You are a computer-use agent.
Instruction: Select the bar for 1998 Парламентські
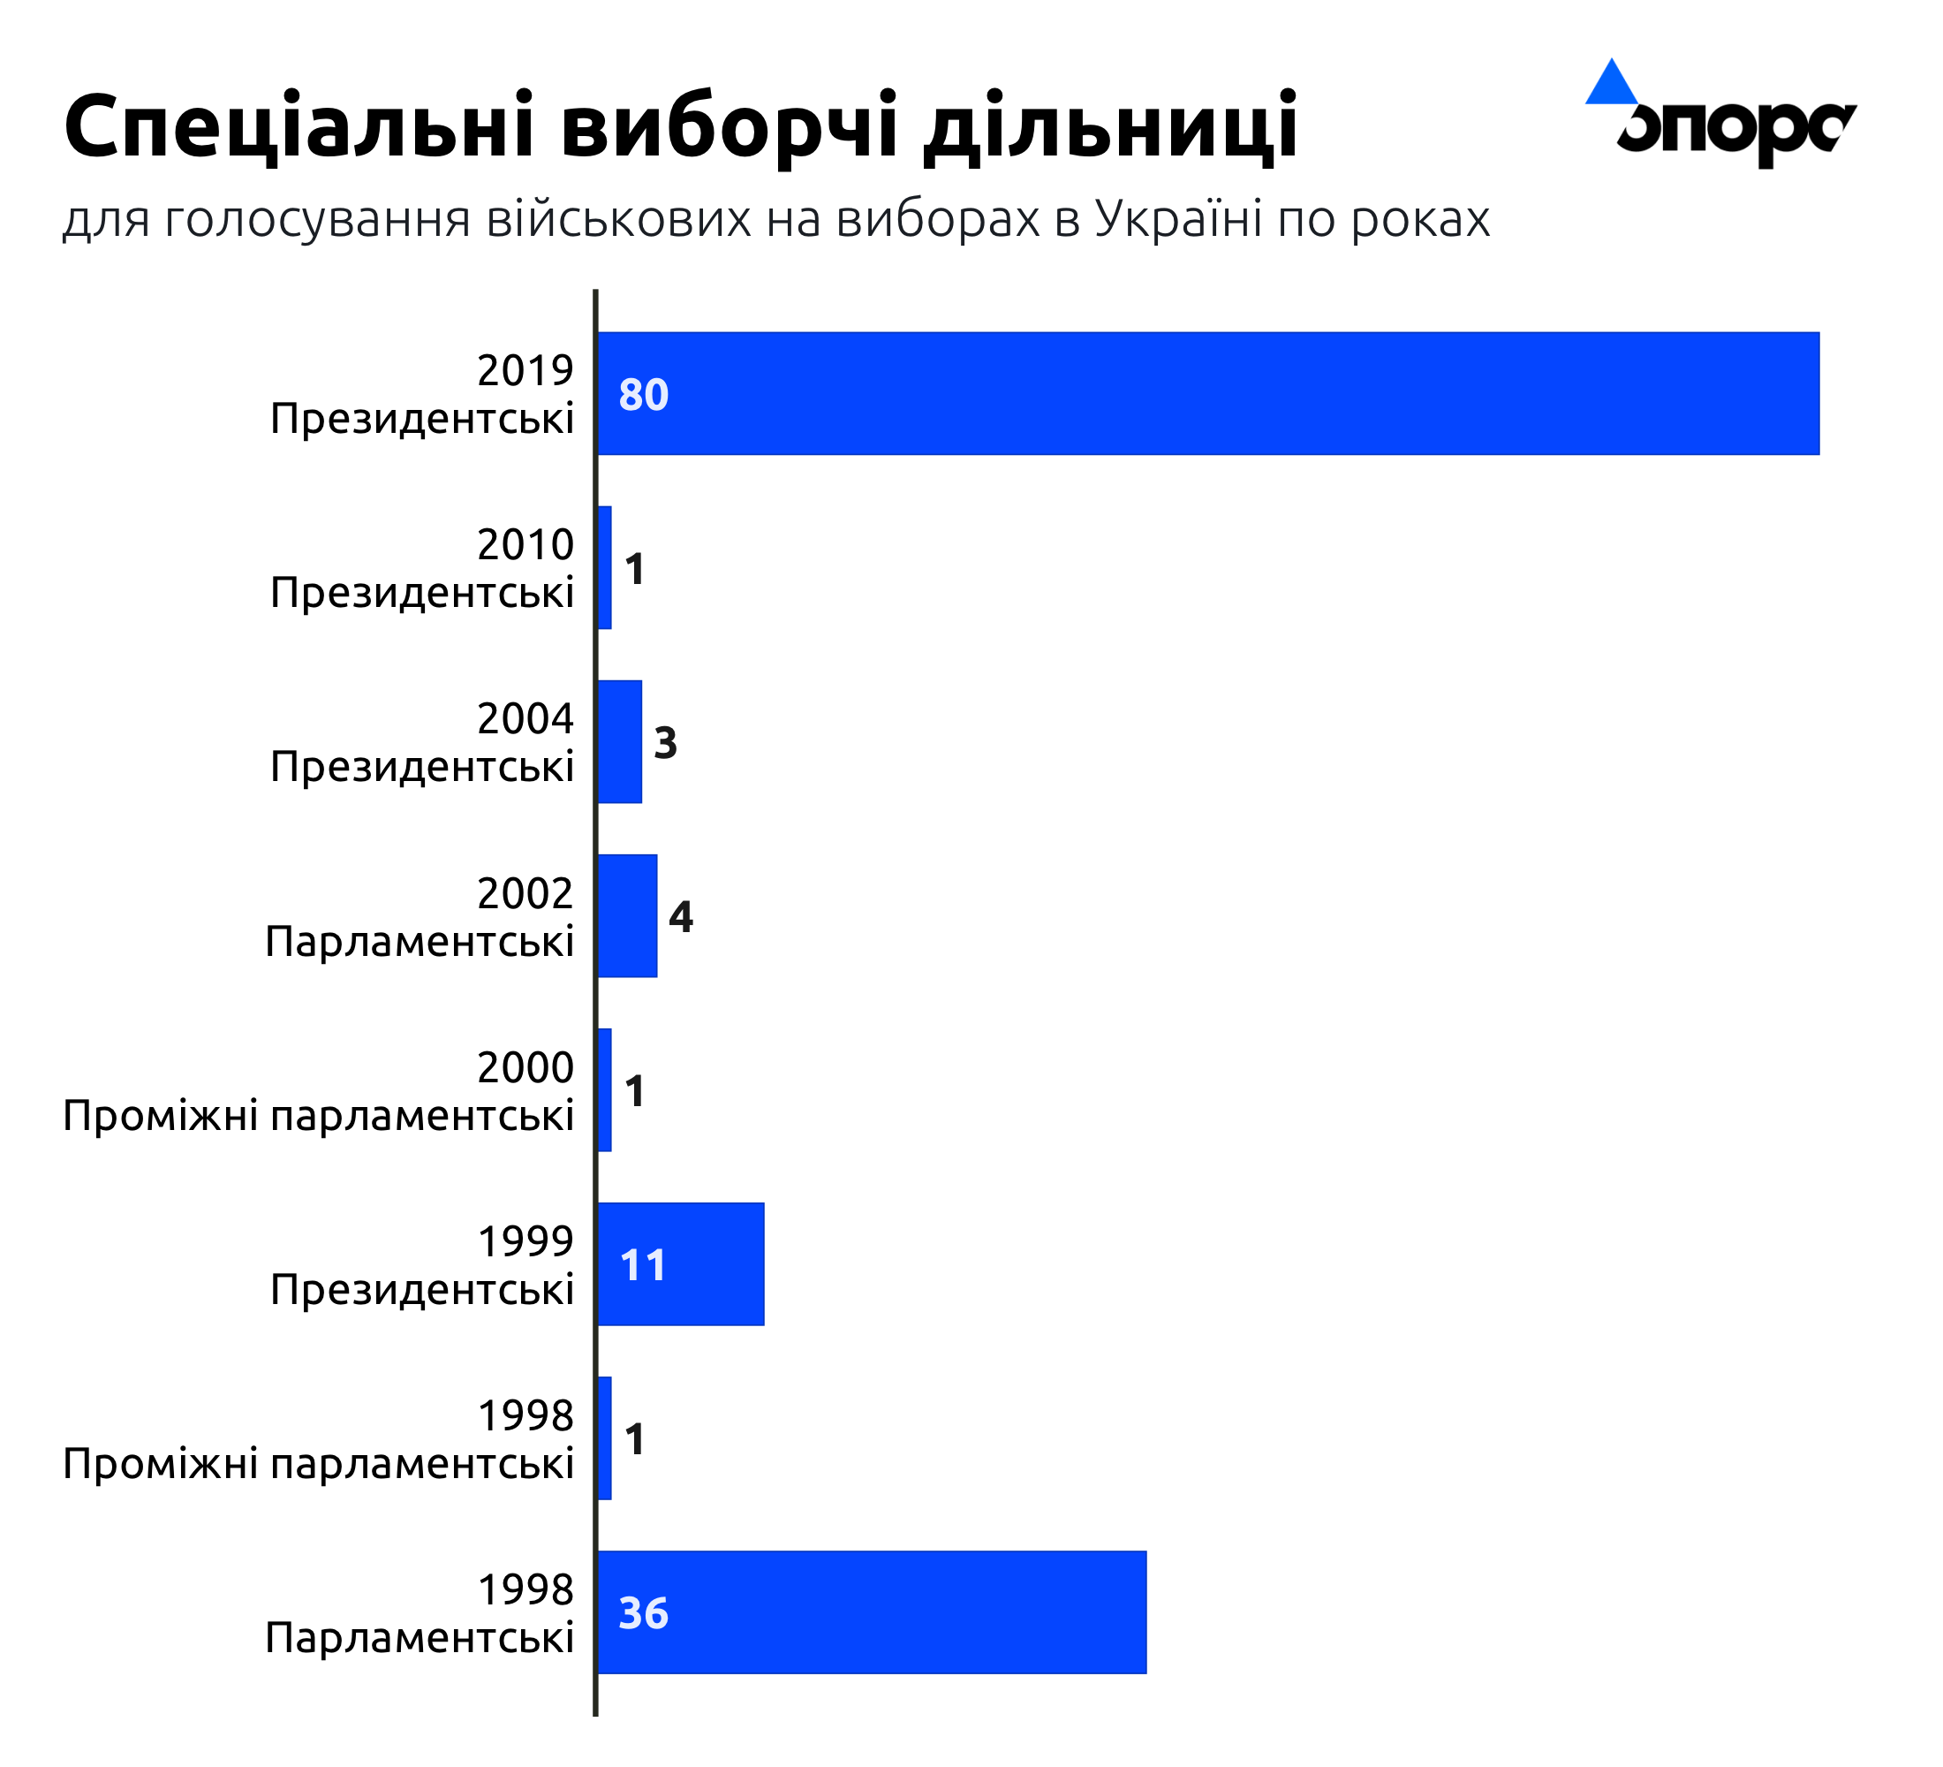tap(873, 1612)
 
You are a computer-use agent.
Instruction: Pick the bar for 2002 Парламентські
tap(627, 916)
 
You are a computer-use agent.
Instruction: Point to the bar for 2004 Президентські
tap(620, 741)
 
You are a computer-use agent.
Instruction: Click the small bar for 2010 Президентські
tap(604, 568)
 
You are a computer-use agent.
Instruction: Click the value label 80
tap(643, 394)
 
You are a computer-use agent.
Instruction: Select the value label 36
tap(643, 1612)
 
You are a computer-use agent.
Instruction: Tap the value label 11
tap(643, 1265)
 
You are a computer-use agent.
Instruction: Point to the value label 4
tap(680, 917)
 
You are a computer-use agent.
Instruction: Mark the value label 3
tap(665, 742)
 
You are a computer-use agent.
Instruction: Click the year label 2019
tap(525, 370)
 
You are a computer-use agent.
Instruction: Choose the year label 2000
tap(525, 1067)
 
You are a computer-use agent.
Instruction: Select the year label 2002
tap(525, 892)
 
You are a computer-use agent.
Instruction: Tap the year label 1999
tap(525, 1240)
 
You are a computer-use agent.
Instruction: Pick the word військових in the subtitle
tap(619, 219)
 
